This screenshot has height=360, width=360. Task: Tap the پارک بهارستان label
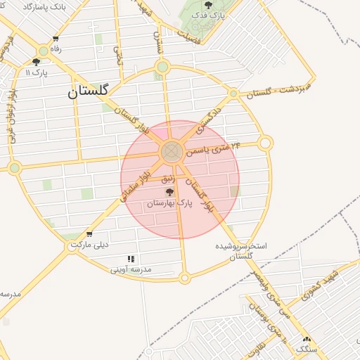point(169,203)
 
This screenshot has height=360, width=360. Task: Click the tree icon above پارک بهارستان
point(169,191)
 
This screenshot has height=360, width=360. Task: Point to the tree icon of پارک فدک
point(207,6)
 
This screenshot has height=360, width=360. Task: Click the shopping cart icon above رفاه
point(56,39)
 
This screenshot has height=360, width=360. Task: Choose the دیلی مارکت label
point(91,245)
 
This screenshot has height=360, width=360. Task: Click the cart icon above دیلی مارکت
point(89,234)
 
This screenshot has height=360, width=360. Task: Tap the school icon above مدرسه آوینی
point(131,259)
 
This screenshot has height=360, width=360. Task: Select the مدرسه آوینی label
point(131,269)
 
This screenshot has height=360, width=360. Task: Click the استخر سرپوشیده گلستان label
point(241,252)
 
